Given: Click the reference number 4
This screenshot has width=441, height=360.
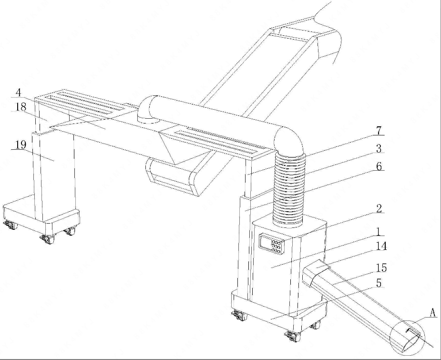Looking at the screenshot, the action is [19, 92].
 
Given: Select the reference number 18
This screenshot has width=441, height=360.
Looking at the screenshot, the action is [21, 107].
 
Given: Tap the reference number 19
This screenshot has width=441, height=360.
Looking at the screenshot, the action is [21, 145].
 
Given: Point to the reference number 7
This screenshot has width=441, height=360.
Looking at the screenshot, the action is [379, 131].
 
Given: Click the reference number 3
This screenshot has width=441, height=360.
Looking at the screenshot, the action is [379, 148].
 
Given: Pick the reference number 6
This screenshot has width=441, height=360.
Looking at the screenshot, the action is [379, 166].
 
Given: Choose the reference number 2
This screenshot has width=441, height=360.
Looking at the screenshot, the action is [379, 208].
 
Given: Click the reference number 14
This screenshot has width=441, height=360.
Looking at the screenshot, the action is [381, 246].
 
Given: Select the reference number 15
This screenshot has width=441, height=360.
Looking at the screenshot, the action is [381, 268].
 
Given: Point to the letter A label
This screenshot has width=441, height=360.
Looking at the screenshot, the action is [433, 312].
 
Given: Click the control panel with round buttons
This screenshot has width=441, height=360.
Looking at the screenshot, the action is [271, 244].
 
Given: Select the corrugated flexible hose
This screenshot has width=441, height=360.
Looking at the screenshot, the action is [288, 188].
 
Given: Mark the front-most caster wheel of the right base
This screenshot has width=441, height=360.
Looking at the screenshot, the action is [293, 336].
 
